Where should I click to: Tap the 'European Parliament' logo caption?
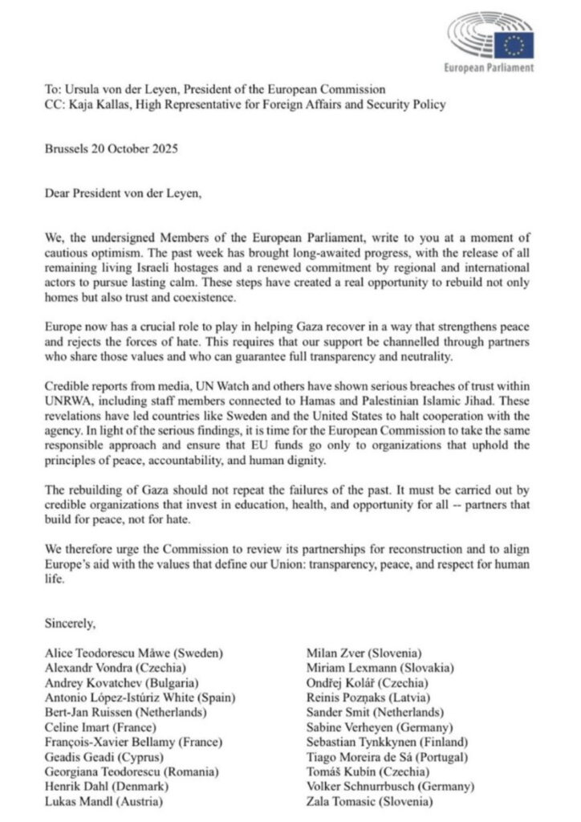coord(489,68)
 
